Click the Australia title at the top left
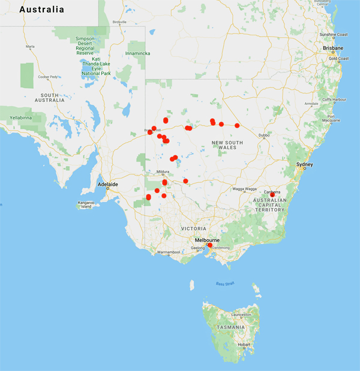42,10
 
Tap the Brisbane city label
332,48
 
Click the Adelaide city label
109,183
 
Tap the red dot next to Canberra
272,195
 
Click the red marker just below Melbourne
209,245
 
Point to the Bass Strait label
223,283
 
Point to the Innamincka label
137,53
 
